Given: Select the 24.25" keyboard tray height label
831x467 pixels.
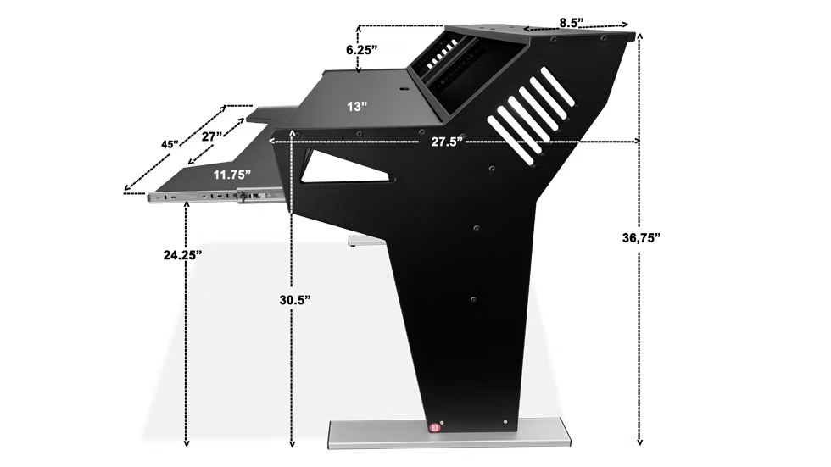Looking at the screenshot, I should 183,255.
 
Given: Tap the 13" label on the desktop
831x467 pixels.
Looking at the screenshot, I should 357,107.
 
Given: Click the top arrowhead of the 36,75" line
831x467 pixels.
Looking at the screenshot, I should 640,36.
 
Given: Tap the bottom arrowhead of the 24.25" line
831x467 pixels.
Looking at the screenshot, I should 186,442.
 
